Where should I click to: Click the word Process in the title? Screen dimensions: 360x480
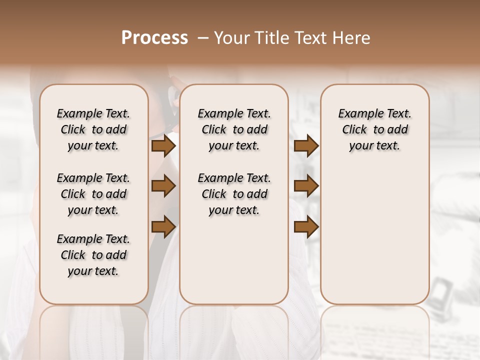(154, 38)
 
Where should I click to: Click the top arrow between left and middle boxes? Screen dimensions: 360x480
(163, 146)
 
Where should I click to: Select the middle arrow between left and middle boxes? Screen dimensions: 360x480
(163, 186)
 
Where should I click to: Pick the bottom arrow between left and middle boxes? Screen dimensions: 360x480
(163, 226)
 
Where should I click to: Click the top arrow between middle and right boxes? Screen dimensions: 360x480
(306, 146)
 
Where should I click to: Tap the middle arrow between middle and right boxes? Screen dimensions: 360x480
(306, 186)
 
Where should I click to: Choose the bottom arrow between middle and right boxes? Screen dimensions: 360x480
(306, 226)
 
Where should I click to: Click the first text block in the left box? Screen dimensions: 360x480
(93, 129)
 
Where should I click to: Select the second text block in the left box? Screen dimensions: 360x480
(93, 194)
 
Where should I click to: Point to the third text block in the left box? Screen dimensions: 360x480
(93, 255)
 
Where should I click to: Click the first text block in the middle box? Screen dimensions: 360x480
(234, 129)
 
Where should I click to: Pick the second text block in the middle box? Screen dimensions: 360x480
(234, 194)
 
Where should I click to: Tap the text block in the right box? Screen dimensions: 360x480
(374, 129)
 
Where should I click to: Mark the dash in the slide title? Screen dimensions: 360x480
(203, 38)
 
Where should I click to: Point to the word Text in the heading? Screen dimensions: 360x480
(312, 38)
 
